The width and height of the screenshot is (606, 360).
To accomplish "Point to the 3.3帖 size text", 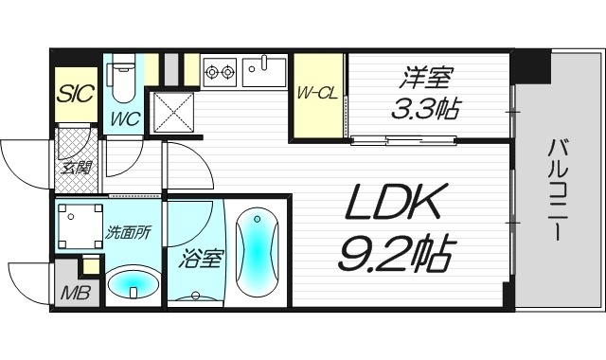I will [x=426, y=109].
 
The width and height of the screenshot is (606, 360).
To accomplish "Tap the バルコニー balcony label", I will [x=557, y=189].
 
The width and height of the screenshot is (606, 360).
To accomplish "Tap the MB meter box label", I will [x=75, y=293].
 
